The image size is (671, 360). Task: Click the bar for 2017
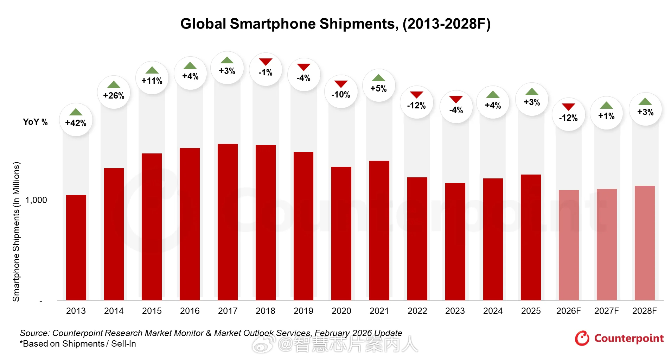[x=228, y=222]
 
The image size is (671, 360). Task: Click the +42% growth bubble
[x=76, y=120]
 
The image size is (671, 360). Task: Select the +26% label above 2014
[x=114, y=95]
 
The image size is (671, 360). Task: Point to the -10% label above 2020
[x=340, y=95]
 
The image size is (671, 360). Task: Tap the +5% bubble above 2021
[x=378, y=86]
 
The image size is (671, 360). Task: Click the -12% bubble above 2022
[x=416, y=102]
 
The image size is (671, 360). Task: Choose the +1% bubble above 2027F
[x=606, y=113]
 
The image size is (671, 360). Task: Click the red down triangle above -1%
[x=266, y=62]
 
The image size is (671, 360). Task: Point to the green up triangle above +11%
[x=152, y=70]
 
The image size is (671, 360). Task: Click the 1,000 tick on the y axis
[x=36, y=200]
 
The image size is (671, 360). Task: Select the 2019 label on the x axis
[x=303, y=311]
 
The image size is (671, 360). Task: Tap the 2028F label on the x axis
[x=644, y=311]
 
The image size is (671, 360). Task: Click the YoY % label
[x=35, y=122]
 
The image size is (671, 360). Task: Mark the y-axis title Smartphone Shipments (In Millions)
[x=16, y=232]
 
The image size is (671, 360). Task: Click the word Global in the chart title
[x=203, y=24]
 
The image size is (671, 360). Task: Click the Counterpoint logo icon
[x=582, y=338]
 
